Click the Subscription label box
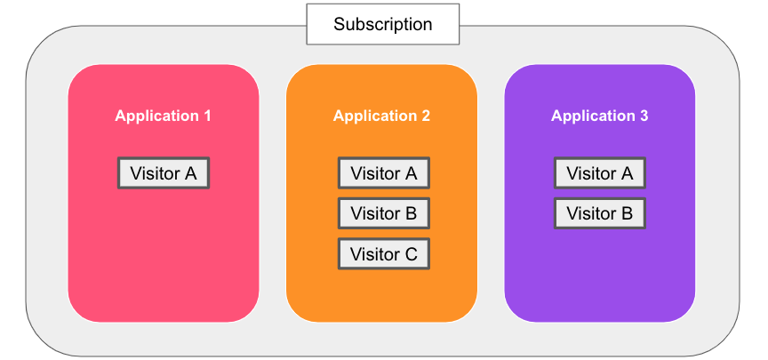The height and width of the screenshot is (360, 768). [382, 24]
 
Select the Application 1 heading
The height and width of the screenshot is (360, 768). [163, 116]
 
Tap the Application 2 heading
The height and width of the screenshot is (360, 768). [381, 116]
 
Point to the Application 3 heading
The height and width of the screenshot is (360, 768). [599, 116]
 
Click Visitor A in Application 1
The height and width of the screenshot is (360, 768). [164, 173]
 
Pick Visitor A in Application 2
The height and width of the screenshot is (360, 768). [384, 173]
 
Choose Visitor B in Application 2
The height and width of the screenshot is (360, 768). [384, 213]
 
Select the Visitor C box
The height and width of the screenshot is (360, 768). [384, 253]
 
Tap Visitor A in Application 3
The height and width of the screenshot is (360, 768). [600, 173]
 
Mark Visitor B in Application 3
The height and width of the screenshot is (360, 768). [600, 213]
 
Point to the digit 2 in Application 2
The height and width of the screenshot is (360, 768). [425, 116]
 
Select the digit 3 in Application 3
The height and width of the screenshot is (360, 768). [643, 116]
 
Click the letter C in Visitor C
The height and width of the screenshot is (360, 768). [411, 254]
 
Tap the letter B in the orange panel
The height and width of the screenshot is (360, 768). [411, 213]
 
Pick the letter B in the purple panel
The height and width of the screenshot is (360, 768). [627, 213]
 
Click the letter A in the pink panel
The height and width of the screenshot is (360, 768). [190, 173]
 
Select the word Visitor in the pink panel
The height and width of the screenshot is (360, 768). [156, 173]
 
